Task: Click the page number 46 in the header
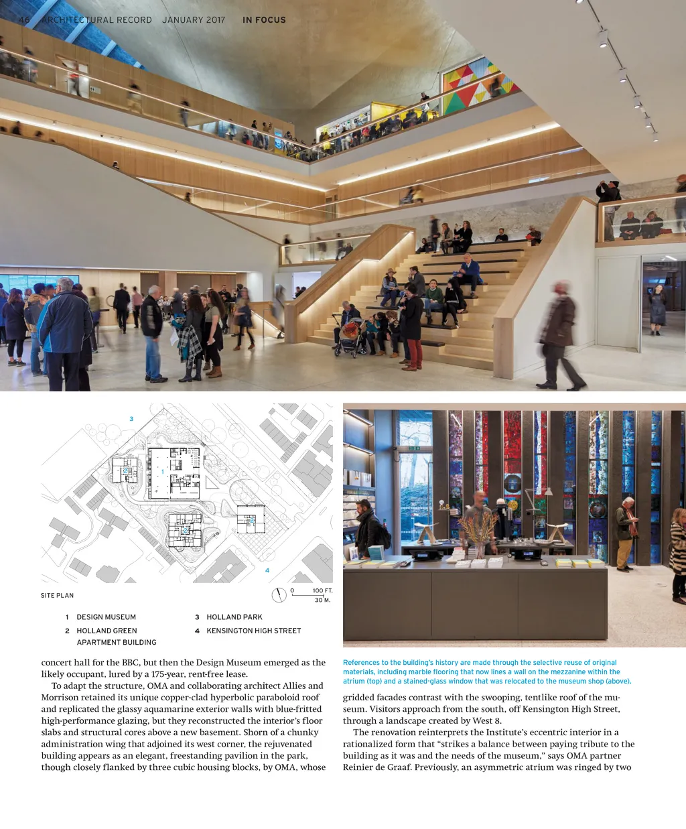24,19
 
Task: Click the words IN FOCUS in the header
264,20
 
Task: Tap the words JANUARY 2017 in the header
194,20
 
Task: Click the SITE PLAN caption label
57,595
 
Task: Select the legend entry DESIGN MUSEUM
106,617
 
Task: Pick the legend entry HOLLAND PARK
234,617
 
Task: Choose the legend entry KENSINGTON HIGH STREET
253,631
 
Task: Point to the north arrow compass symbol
279,595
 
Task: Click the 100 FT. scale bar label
322,590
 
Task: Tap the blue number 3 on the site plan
131,419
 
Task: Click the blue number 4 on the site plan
267,570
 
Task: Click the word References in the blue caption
361,663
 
